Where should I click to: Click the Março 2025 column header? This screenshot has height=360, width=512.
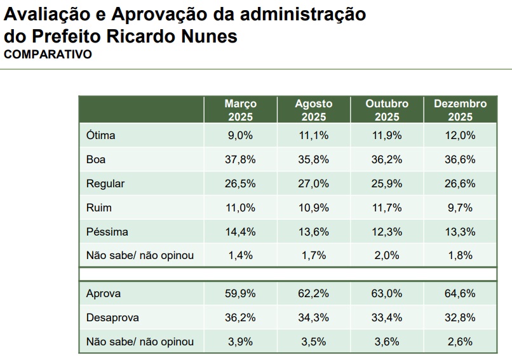click(x=240, y=109)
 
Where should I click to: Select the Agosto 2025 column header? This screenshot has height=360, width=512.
click(x=313, y=109)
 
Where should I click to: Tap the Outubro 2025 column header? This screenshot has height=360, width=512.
click(x=387, y=109)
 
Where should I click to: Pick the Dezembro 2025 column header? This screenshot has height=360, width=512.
click(x=460, y=109)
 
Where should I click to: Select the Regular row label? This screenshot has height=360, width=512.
click(x=105, y=183)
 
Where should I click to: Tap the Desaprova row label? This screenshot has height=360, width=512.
click(x=112, y=317)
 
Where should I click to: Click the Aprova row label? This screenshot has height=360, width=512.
click(x=103, y=294)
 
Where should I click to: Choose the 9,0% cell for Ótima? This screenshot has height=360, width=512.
click(x=240, y=135)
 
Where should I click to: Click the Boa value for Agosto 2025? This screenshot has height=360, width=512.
click(x=313, y=159)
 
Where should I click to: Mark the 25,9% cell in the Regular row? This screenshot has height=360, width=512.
click(x=387, y=183)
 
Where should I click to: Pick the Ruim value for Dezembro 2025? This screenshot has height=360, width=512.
click(x=460, y=208)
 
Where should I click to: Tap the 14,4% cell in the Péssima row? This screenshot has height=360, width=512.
click(x=240, y=232)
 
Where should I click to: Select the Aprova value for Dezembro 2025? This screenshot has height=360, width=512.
click(x=460, y=294)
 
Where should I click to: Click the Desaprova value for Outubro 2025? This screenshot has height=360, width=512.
click(x=387, y=317)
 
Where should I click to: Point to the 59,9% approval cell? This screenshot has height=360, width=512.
click(x=240, y=294)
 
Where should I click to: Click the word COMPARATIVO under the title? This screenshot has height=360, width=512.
click(x=48, y=55)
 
